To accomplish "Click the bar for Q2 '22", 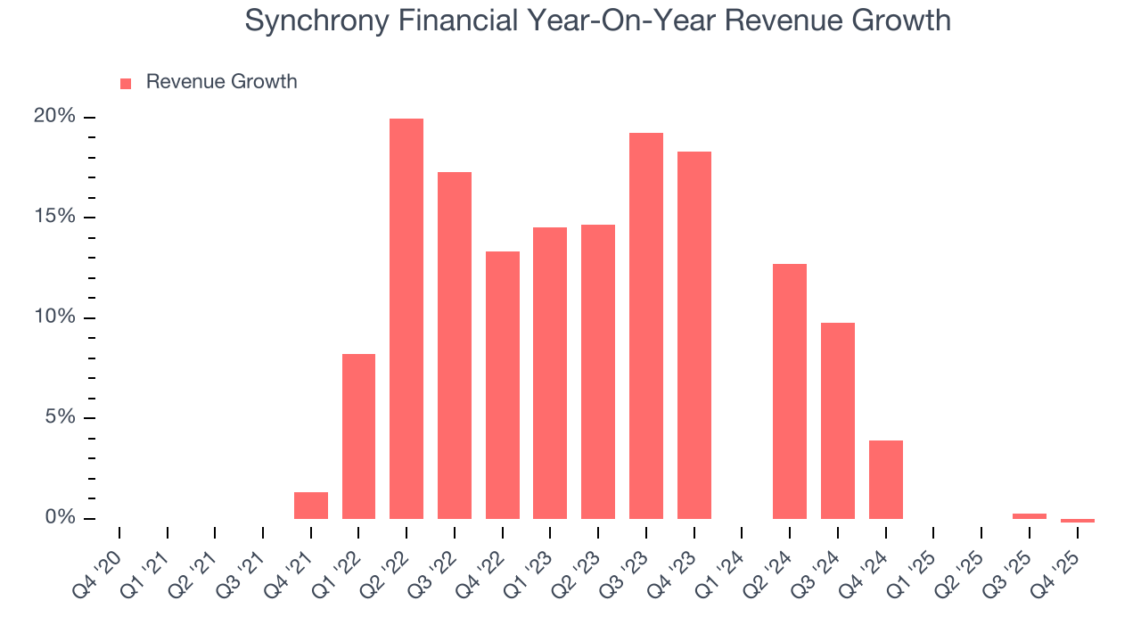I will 406,318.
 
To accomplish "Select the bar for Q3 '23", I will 646,325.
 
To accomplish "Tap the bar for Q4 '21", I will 311,506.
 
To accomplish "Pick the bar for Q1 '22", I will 358,436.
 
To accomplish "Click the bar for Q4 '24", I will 886,480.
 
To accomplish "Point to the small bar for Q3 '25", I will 1030,516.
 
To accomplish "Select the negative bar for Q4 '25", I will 1078,521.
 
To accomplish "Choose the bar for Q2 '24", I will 790,391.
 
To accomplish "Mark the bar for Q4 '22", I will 503,385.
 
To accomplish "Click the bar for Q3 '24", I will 838,421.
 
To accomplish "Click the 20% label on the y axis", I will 54,117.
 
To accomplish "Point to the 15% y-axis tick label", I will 54,218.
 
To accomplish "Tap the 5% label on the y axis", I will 59,418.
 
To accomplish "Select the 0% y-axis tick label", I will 59,518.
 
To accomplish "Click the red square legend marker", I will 126,83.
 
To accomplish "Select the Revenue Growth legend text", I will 221,82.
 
